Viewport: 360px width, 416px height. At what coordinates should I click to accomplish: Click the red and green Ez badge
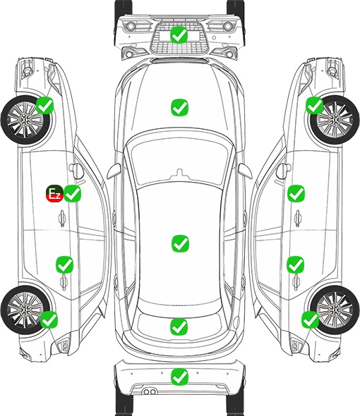(54, 194)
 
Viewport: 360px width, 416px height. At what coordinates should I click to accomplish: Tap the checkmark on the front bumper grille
(179, 35)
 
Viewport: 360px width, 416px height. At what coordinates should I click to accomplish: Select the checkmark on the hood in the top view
(179, 107)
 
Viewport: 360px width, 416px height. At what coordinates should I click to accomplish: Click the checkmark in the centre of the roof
(180, 243)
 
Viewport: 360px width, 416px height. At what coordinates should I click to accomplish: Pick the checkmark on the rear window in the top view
(179, 326)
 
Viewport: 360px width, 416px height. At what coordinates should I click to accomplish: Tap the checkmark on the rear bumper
(179, 377)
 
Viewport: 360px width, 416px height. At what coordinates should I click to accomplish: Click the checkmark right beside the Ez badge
(73, 194)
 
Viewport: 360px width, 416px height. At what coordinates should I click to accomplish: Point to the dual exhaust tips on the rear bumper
(150, 391)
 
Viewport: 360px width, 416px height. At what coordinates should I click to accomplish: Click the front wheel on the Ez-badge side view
(25, 121)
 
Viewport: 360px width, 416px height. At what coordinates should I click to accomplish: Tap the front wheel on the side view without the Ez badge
(335, 120)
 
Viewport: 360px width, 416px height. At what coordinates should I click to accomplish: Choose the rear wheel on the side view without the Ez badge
(335, 310)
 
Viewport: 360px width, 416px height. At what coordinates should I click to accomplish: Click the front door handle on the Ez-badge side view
(62, 218)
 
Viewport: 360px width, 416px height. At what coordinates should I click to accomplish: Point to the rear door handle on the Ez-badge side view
(64, 282)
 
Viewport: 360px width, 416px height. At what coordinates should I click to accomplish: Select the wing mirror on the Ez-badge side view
(77, 171)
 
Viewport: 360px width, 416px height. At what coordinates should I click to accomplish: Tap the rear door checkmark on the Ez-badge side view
(64, 264)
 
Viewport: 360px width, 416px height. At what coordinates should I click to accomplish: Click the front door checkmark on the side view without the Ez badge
(296, 194)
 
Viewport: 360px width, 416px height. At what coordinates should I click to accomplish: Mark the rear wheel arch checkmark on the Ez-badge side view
(49, 319)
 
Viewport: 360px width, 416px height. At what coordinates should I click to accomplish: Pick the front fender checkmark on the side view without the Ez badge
(315, 105)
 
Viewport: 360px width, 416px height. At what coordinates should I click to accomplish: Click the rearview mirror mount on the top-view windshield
(180, 173)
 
